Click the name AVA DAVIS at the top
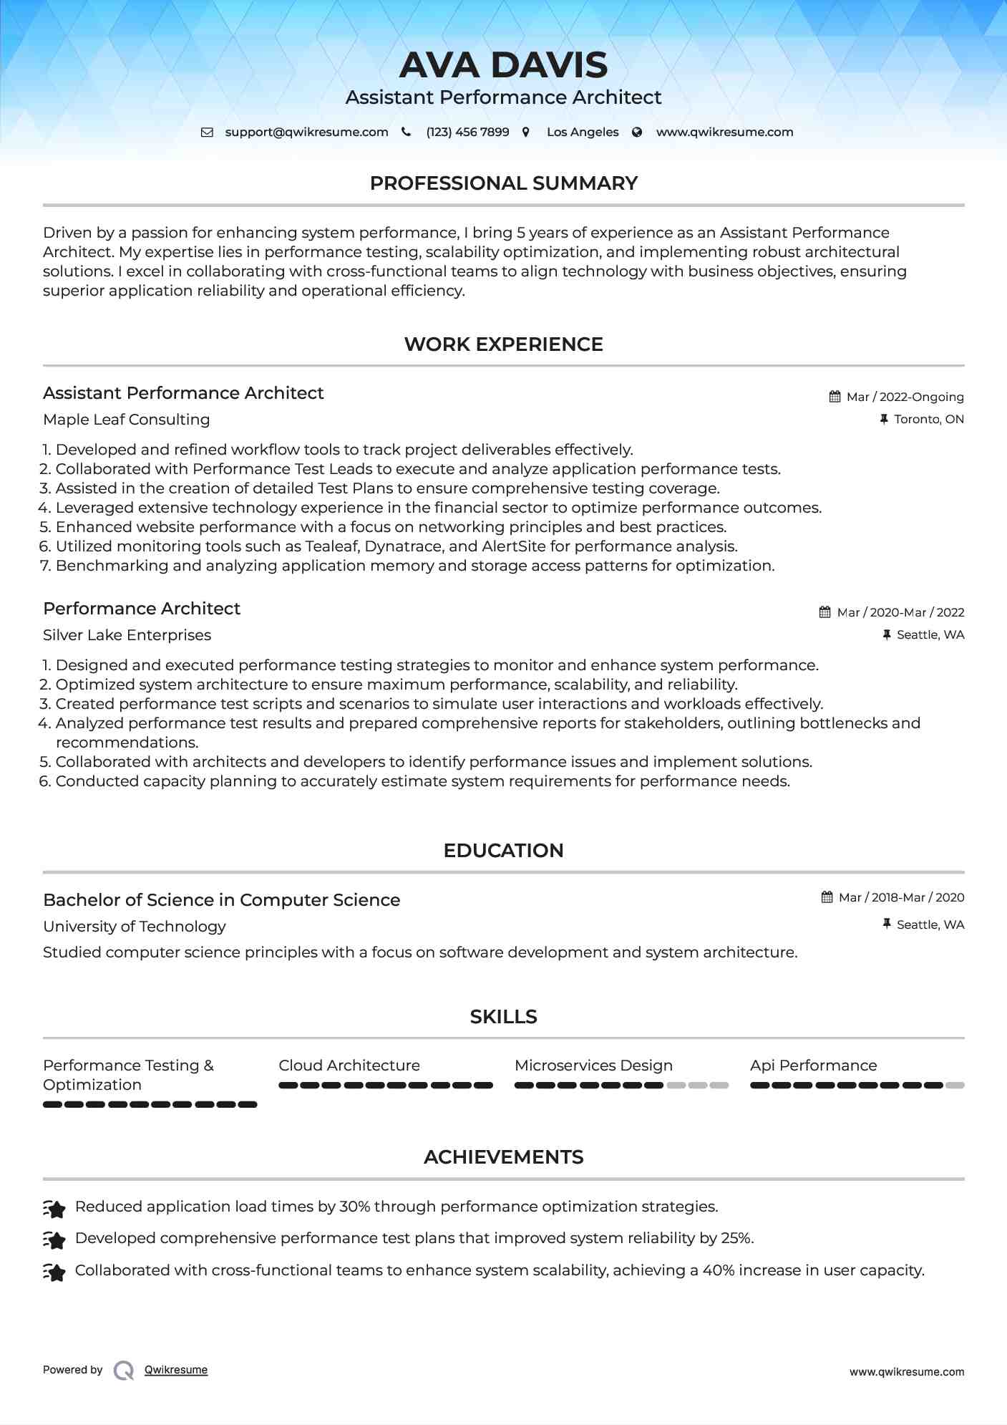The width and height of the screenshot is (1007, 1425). (x=503, y=65)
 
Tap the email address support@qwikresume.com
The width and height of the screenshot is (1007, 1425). (x=306, y=132)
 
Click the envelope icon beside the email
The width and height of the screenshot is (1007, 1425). (x=207, y=132)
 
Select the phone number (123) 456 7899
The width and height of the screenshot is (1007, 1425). (x=467, y=132)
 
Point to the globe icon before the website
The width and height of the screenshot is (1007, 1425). (x=637, y=132)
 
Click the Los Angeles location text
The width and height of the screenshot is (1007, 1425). (x=583, y=132)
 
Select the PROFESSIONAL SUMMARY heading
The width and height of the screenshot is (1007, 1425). (x=503, y=183)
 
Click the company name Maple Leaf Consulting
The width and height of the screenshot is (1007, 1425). (x=127, y=420)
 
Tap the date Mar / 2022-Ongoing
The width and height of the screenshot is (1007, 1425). (x=905, y=397)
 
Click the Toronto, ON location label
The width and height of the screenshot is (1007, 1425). (x=928, y=419)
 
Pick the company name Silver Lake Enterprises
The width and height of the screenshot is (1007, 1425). (x=127, y=635)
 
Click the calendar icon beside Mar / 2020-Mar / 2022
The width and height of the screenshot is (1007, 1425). (x=825, y=612)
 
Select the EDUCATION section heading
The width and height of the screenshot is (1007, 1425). (x=503, y=851)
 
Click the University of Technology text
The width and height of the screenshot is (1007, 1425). (x=135, y=927)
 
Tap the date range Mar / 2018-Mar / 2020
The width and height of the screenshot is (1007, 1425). (x=901, y=897)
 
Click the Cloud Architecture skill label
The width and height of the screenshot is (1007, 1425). (x=349, y=1066)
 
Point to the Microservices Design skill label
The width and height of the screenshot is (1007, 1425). (x=593, y=1066)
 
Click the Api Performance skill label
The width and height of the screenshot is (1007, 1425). (x=813, y=1066)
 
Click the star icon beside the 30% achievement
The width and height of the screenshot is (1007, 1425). (x=54, y=1209)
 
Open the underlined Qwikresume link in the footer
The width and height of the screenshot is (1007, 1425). (x=176, y=1370)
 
